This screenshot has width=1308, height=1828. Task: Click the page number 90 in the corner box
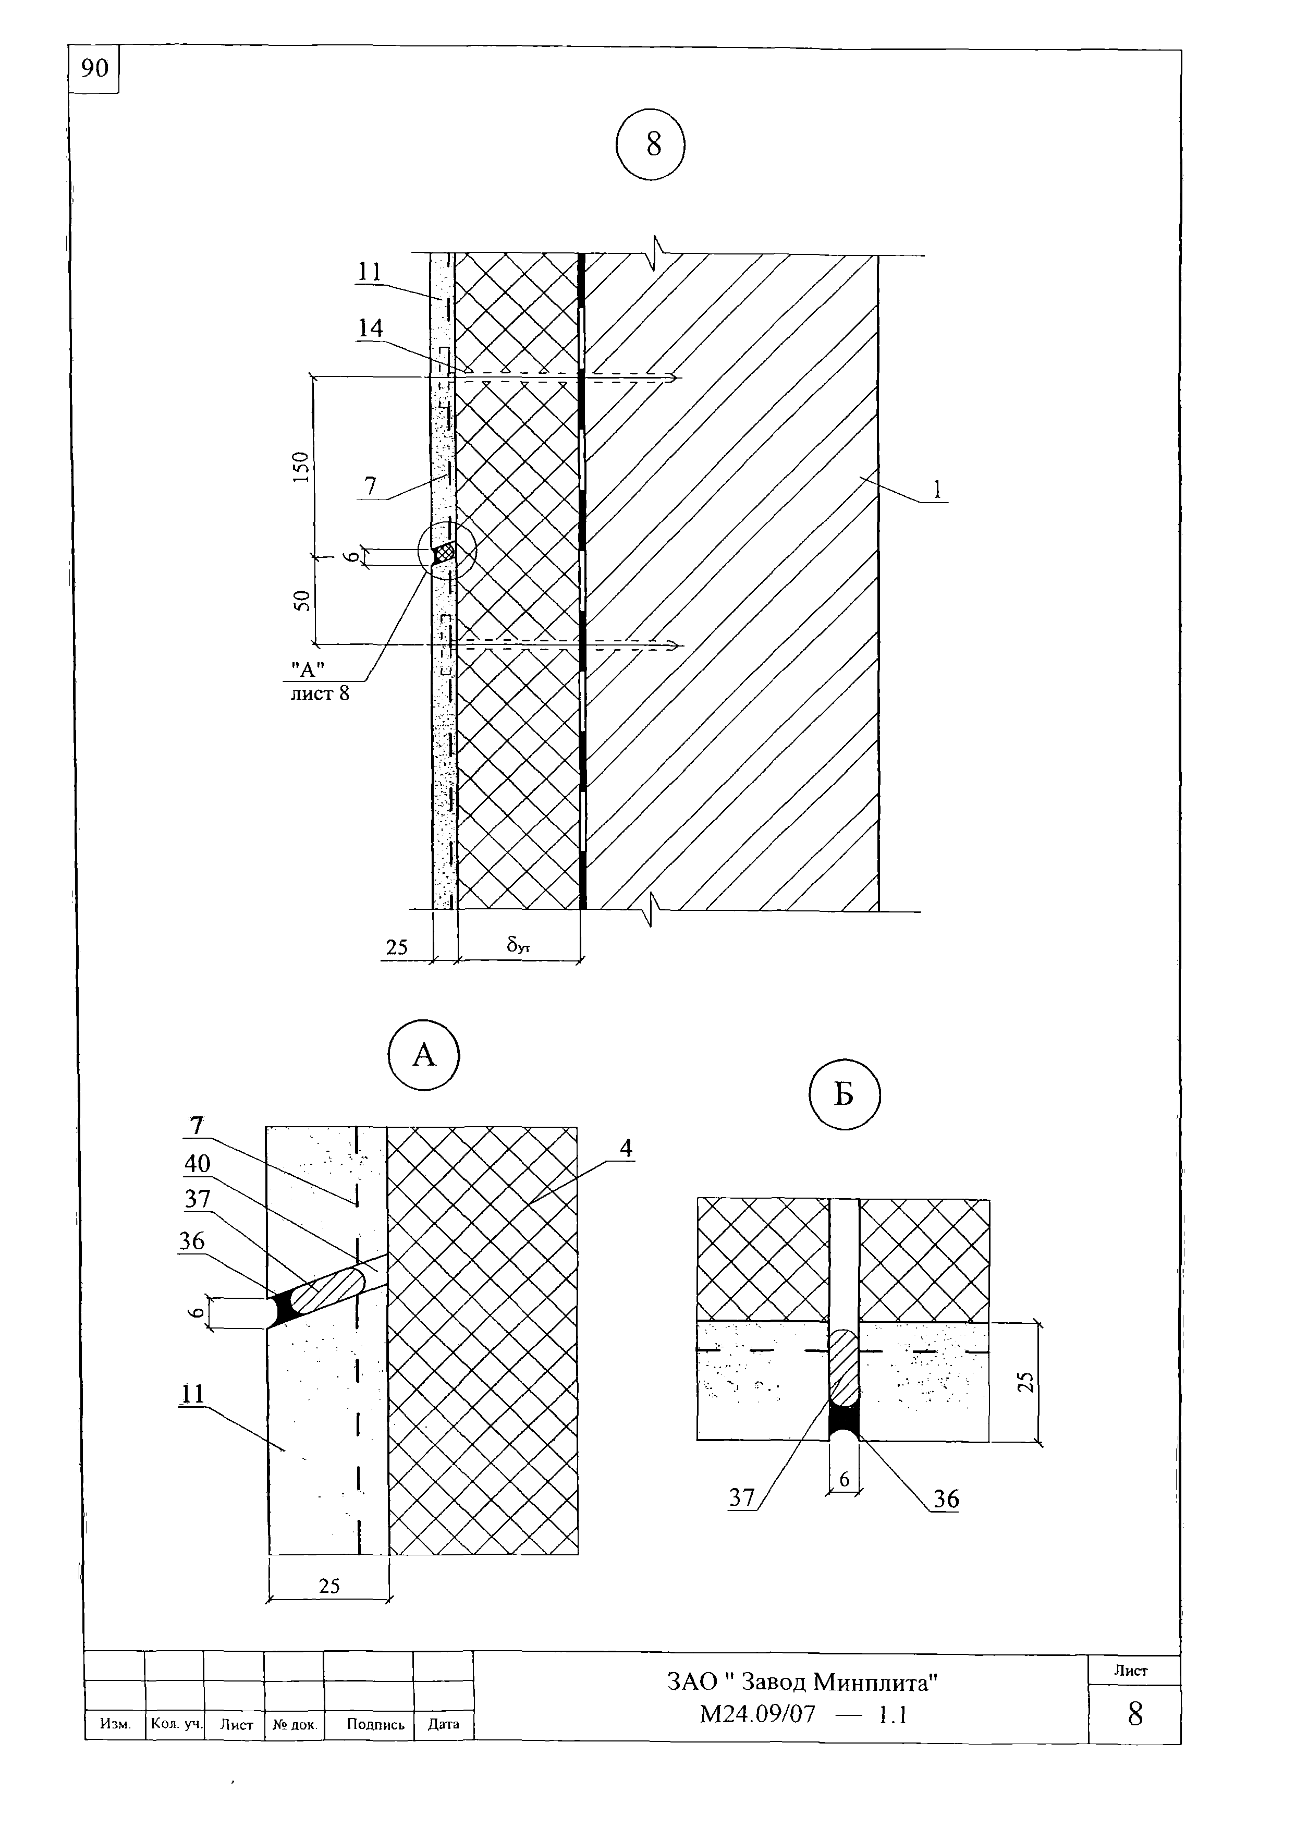click(94, 68)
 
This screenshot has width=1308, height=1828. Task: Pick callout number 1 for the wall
click(937, 489)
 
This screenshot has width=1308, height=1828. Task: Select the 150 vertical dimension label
click(300, 467)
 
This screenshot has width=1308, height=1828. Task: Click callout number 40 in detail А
click(198, 1163)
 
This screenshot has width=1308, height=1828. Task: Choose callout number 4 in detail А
click(626, 1148)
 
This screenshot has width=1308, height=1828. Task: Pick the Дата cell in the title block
click(444, 1724)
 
